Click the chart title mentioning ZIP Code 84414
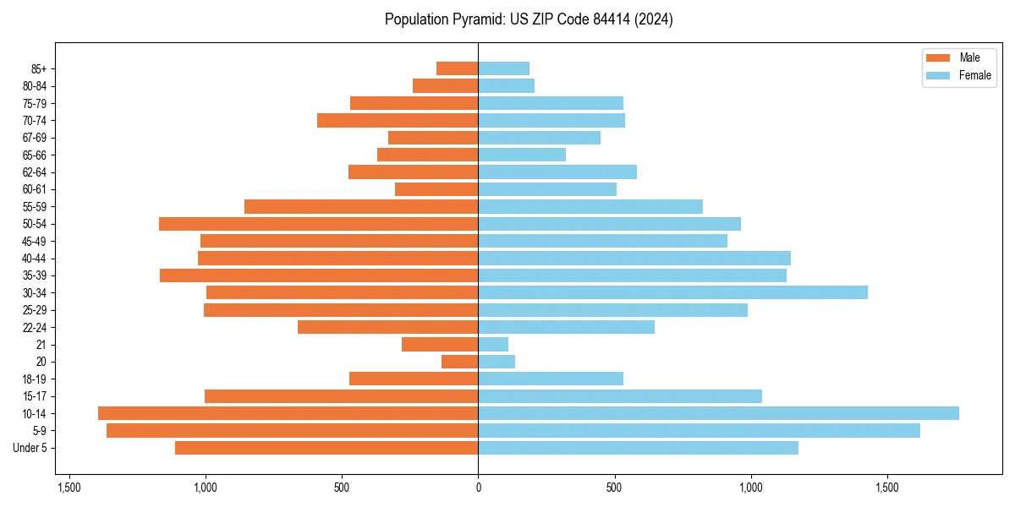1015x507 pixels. pos(529,19)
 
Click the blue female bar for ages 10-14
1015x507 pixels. pos(718,413)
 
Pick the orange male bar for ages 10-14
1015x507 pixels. pos(288,413)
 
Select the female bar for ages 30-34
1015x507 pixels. pos(672,292)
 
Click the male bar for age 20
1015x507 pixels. pos(460,362)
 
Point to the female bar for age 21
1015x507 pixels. pos(493,344)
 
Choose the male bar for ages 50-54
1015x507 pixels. pos(319,224)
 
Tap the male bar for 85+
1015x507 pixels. pos(458,68)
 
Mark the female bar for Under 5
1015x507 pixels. pos(638,448)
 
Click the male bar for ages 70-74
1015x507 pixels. pos(398,120)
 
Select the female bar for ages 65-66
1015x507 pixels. pos(522,155)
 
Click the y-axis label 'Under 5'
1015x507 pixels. pos(30,448)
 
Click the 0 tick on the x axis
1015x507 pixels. pos(478,488)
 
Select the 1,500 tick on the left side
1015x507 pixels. pos(69,488)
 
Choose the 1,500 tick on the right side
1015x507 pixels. pos(886,488)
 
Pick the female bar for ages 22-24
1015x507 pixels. pos(566,327)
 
